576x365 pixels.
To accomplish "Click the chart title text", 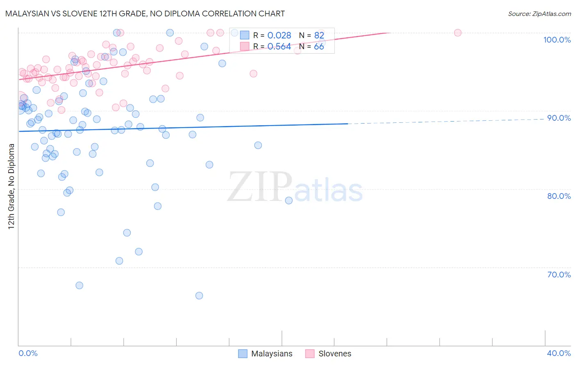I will pyautogui.click(x=145, y=14).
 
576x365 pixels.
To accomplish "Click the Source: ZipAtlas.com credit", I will pyautogui.click(x=539, y=14).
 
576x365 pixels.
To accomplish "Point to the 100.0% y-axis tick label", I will pyautogui.click(x=557, y=40).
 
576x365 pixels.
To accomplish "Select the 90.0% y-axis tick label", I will pyautogui.click(x=559, y=118).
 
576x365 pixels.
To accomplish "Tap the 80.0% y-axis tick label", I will pyautogui.click(x=559, y=196).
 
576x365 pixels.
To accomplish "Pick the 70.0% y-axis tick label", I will pyautogui.click(x=559, y=275).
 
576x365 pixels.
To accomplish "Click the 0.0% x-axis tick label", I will pyautogui.click(x=28, y=353).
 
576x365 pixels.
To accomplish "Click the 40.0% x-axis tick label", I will pyautogui.click(x=559, y=353).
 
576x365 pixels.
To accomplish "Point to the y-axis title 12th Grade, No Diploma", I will pyautogui.click(x=11, y=186).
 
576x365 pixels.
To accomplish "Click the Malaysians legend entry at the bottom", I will pyautogui.click(x=265, y=354).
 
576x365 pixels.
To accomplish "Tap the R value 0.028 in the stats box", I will pyautogui.click(x=279, y=36).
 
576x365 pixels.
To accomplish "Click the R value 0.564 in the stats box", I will pyautogui.click(x=279, y=47).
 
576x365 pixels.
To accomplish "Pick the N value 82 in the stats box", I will pyautogui.click(x=319, y=36).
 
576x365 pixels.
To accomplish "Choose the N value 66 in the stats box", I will pyautogui.click(x=319, y=47).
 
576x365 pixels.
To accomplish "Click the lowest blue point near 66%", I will pyautogui.click(x=199, y=295).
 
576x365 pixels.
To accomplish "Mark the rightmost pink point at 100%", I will pyautogui.click(x=458, y=33).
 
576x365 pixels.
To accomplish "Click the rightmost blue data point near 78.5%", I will pyautogui.click(x=289, y=201).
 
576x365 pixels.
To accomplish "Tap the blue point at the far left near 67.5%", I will pyautogui.click(x=79, y=285).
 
